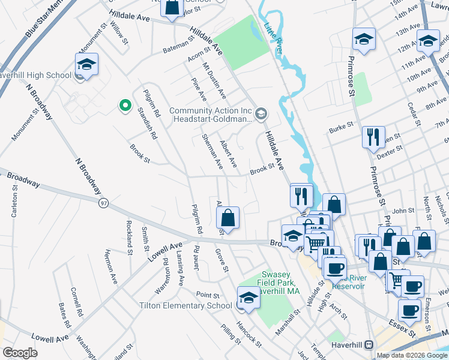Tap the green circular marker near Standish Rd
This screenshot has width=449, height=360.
tap(125, 106)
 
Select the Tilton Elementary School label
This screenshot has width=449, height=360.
tap(185, 305)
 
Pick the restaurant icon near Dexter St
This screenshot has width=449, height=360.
tap(373, 138)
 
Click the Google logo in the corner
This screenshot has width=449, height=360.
tap(19, 352)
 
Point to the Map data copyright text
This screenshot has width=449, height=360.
tap(412, 355)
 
